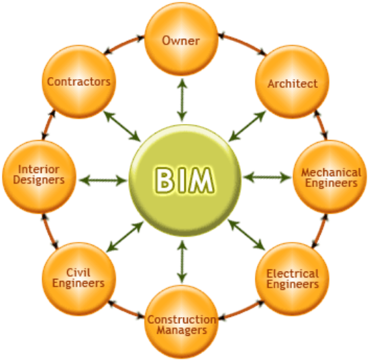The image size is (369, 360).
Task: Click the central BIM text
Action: click(x=184, y=180)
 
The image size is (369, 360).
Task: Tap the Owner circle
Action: click(x=181, y=40)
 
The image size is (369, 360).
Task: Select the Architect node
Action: click(x=292, y=82)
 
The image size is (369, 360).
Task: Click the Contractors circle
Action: click(x=79, y=82)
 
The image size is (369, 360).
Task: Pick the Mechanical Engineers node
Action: click(x=330, y=177)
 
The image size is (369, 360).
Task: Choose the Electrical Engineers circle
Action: click(x=292, y=279)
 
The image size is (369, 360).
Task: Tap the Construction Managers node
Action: click(x=181, y=322)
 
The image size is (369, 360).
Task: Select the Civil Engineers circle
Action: click(x=79, y=279)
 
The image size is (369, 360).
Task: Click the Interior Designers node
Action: click(x=40, y=177)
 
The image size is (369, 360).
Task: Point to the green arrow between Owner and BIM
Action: click(x=182, y=100)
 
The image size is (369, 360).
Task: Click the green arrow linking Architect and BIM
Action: click(x=247, y=126)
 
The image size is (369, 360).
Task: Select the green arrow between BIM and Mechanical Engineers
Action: click(x=267, y=177)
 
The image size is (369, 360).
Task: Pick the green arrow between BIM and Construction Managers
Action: click(x=182, y=261)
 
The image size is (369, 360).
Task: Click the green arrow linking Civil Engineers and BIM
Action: click(x=125, y=237)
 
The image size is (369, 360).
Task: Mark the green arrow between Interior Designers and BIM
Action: click(x=103, y=180)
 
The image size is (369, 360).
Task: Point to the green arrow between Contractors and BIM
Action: click(x=122, y=126)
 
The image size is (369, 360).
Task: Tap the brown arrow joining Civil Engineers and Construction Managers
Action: click(x=126, y=309)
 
